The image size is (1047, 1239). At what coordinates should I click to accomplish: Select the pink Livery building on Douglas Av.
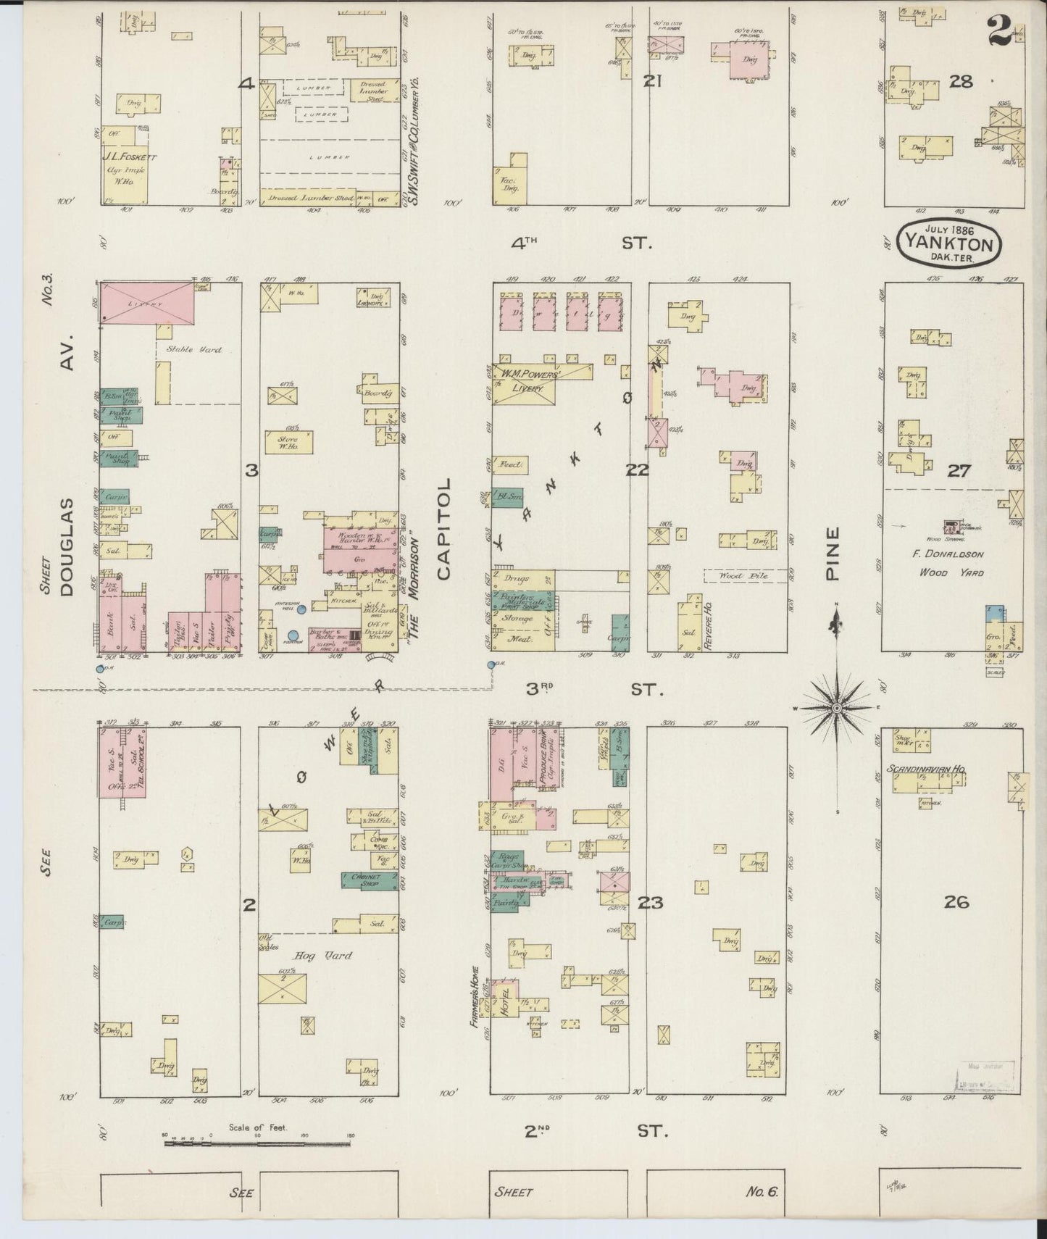[x=146, y=303]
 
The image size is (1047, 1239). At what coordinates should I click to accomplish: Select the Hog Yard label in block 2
[x=335, y=956]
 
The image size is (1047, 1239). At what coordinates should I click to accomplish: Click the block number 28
[x=961, y=81]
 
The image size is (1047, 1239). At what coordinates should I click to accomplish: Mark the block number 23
[x=650, y=903]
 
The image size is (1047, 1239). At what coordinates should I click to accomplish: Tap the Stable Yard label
[x=193, y=350]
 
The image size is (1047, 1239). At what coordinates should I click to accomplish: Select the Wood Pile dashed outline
[x=735, y=575]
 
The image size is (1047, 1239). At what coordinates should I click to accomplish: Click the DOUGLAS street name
[x=67, y=547]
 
